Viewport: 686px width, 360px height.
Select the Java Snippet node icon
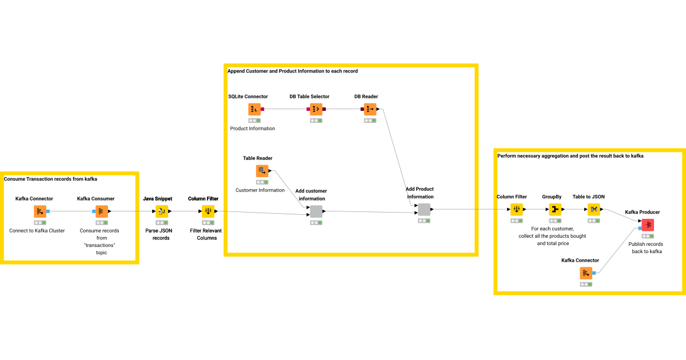coord(162,211)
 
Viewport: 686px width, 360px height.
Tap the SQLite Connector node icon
coord(254,109)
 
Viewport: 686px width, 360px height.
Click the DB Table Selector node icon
coord(316,109)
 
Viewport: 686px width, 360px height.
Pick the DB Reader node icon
coord(370,109)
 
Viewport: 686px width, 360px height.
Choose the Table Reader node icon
coord(262,171)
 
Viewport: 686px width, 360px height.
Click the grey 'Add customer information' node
coord(316,211)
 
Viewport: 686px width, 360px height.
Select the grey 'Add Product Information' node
coord(424,210)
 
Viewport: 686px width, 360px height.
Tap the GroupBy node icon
coord(555,210)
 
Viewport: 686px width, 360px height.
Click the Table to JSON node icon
coord(594,210)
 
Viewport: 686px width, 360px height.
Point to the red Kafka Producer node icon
coord(647,225)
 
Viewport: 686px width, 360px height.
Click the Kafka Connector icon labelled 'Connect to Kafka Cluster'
coord(40,211)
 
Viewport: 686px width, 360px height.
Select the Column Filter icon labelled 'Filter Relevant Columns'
coord(208,211)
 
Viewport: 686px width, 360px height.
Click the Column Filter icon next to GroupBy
coord(517,210)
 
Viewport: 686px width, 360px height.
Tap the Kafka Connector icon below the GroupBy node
coord(586,273)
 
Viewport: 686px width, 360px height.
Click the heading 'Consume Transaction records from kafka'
coord(50,179)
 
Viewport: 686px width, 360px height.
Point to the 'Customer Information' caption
coord(260,190)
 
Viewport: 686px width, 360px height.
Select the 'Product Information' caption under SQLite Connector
coord(253,129)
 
